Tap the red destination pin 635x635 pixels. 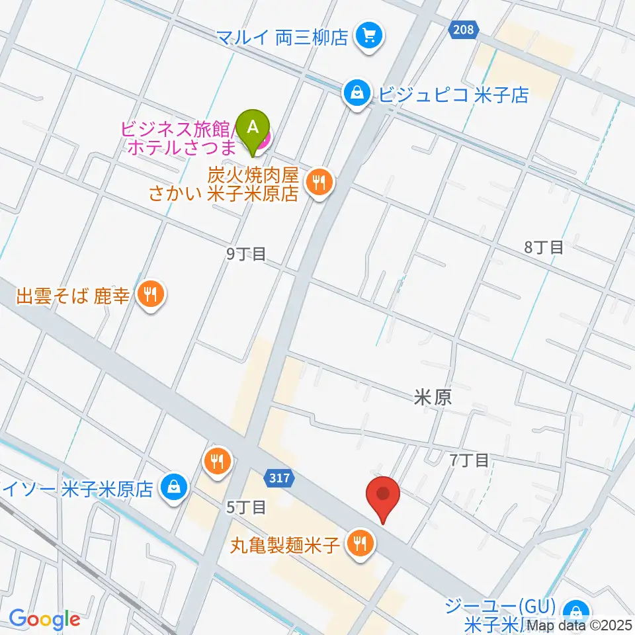click(x=383, y=496)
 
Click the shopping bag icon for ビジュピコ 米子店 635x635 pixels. click(x=357, y=94)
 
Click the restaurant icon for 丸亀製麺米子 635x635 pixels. click(x=360, y=545)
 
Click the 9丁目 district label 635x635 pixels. click(x=245, y=253)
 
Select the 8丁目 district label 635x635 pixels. click(x=544, y=247)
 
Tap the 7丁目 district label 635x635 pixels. click(x=468, y=459)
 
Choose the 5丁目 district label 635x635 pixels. click(x=246, y=507)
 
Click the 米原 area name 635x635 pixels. click(x=433, y=397)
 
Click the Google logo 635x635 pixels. click(x=44, y=620)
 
